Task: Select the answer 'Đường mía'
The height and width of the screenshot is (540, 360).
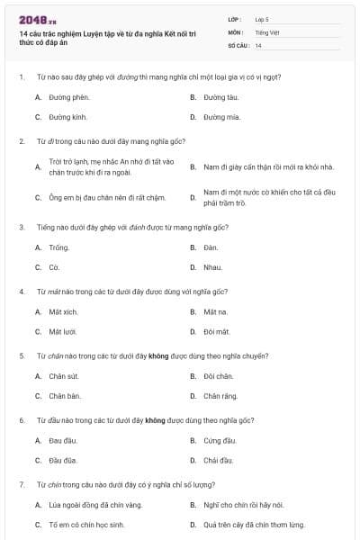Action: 221,117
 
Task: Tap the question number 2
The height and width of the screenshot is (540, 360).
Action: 22,141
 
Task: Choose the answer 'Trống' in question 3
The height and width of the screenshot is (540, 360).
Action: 59,247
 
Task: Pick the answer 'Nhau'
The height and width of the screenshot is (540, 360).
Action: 212,267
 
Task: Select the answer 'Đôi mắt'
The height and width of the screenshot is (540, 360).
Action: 217,332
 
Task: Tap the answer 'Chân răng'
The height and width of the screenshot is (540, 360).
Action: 220,396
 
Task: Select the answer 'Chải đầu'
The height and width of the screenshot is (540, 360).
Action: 219,461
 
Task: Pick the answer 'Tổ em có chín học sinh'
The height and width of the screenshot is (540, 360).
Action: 86,525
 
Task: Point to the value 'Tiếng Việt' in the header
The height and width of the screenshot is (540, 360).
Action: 267,31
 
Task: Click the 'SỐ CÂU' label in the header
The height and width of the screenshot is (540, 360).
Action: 238,45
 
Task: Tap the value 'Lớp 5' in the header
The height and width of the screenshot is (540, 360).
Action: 262,18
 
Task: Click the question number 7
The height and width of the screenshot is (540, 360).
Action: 22,484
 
